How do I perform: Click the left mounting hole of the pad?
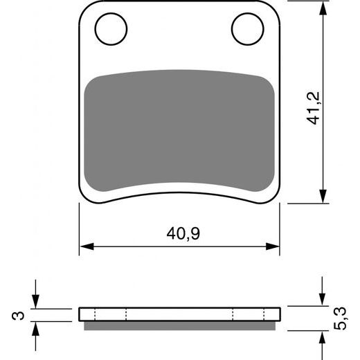[x=111, y=30]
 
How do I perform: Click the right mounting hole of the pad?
[x=247, y=30]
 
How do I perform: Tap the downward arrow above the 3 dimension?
[x=35, y=302]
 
